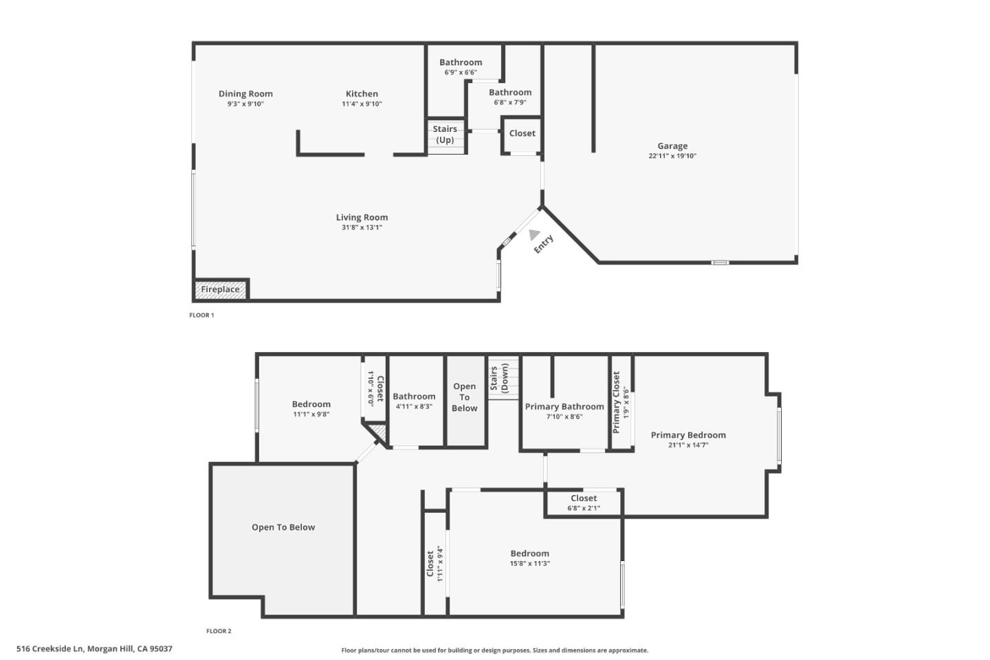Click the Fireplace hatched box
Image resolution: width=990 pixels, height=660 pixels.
pos(220,289)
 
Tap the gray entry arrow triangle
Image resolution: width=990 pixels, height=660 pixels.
pos(534,234)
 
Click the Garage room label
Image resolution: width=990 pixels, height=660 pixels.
pos(672,146)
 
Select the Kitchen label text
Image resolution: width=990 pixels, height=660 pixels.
pos(362,93)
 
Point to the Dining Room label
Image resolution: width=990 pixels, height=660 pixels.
pos(245,93)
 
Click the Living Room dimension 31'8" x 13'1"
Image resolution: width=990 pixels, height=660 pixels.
pos(362,228)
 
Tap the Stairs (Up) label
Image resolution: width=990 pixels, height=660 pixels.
pos(445,134)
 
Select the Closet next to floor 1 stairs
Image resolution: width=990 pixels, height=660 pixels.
pos(522,133)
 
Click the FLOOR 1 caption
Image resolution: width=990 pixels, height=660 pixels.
pos(201,316)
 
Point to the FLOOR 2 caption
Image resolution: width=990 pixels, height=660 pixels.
pos(219,631)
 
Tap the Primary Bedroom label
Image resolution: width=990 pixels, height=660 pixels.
pos(688,435)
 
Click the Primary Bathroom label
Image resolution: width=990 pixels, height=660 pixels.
pos(564,407)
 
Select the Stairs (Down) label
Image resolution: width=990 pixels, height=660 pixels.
pos(499,379)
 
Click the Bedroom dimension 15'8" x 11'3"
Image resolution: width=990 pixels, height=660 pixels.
pos(529,564)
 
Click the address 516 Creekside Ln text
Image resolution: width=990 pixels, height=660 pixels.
pos(94,648)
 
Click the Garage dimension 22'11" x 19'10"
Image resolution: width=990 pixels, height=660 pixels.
pos(672,156)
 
